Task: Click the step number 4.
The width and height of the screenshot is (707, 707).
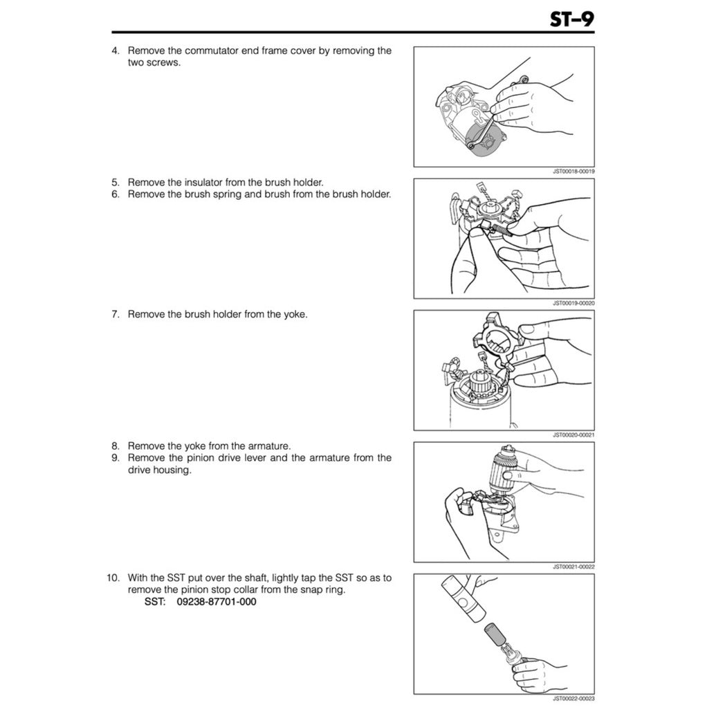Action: [116, 50]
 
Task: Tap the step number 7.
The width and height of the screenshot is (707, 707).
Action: [116, 314]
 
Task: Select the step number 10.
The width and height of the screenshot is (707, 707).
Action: [113, 578]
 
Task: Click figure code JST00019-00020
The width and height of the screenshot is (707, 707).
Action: [573, 302]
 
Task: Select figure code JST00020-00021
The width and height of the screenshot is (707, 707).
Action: [573, 434]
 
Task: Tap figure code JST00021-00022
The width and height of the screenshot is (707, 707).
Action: [573, 567]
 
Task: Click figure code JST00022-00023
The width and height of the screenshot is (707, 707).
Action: [573, 699]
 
